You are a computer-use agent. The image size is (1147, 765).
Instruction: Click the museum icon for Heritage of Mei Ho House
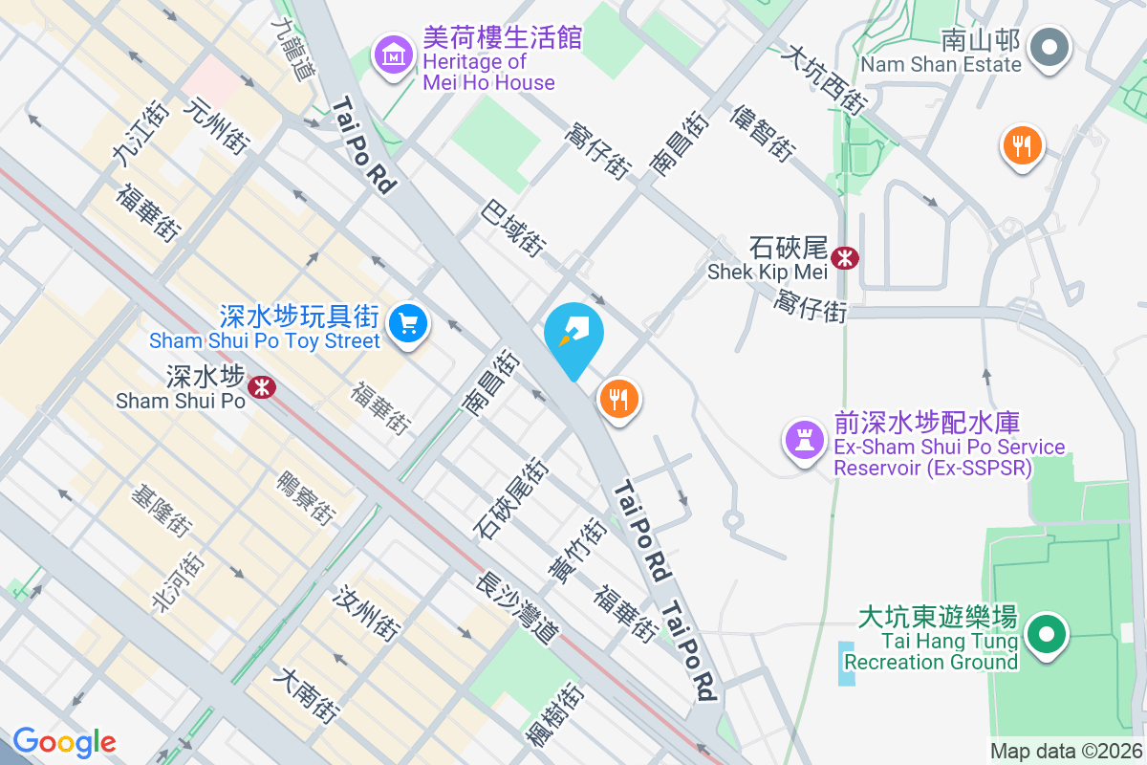[x=394, y=57]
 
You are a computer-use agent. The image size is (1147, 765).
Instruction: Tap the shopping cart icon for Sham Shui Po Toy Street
[x=409, y=325]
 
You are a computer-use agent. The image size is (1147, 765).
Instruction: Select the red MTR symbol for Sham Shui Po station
[x=261, y=386]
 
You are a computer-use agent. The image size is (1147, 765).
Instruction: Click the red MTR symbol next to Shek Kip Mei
[x=845, y=257]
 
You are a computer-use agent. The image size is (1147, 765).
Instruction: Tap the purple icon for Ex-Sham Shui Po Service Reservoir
[x=804, y=441]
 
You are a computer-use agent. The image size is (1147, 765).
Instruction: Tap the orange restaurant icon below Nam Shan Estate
[x=1022, y=146]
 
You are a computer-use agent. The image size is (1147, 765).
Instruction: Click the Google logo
[x=64, y=741]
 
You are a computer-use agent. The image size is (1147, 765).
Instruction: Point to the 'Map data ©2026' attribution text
[x=1065, y=751]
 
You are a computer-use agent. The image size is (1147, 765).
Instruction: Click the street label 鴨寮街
[x=306, y=497]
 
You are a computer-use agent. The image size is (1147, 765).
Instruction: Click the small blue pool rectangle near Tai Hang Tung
[x=848, y=663]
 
